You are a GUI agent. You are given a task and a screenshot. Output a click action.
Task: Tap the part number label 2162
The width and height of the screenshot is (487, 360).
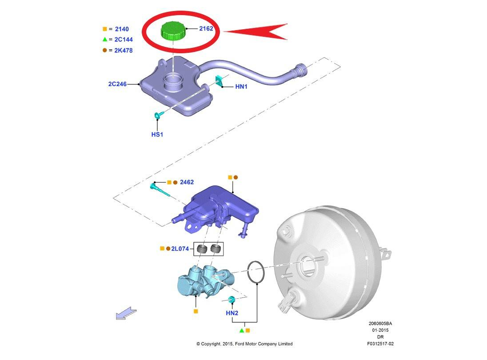pyautogui.click(x=206, y=29)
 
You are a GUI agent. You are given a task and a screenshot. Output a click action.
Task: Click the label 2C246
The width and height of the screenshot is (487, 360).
pyautogui.click(x=117, y=83)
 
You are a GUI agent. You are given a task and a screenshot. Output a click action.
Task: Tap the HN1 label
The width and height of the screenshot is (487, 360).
pyautogui.click(x=241, y=87)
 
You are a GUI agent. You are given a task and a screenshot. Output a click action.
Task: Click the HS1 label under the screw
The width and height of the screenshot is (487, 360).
pyautogui.click(x=157, y=134)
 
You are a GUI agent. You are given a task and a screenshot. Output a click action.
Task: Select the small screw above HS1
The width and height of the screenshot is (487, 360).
pyautogui.click(x=158, y=115)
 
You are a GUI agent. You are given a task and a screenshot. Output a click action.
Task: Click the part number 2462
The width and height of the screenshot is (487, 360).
pyautogui.click(x=187, y=182)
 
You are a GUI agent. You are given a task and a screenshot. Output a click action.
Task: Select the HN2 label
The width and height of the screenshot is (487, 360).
pyautogui.click(x=232, y=313)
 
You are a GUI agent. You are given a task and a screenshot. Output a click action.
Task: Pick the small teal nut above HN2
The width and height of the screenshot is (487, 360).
pyautogui.click(x=231, y=300)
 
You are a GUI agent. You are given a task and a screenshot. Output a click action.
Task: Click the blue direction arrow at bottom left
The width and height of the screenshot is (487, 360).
pyautogui.click(x=125, y=314)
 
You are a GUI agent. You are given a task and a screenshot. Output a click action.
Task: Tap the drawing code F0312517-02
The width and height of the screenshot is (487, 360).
pyautogui.click(x=380, y=344)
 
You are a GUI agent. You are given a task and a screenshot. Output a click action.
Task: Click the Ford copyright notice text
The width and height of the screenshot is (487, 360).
pyautogui.click(x=244, y=344)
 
